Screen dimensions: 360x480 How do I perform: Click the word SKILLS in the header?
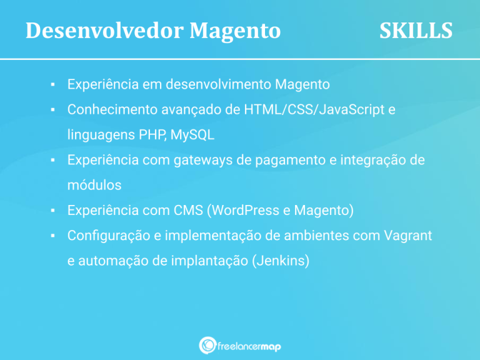pos(416,30)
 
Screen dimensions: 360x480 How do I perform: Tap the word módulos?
pos(94,186)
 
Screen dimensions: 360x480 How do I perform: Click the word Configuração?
pos(106,236)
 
